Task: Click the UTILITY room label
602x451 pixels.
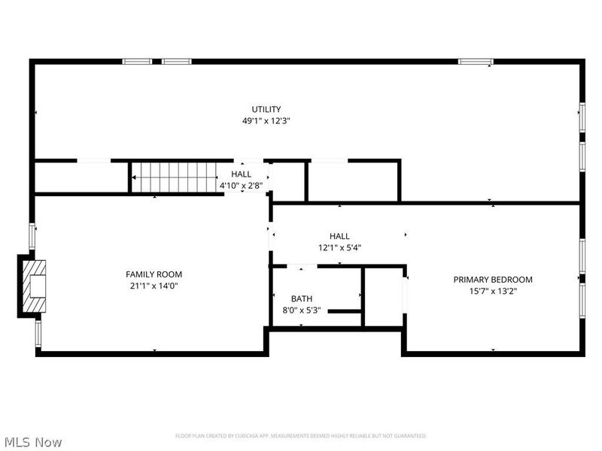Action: click(x=266, y=109)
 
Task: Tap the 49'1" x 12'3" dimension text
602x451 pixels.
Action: click(x=266, y=120)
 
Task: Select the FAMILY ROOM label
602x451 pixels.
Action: click(x=154, y=274)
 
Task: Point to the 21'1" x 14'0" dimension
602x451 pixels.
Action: click(x=154, y=286)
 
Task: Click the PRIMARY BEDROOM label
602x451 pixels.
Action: click(x=493, y=280)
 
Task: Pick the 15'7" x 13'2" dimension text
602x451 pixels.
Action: click(x=493, y=291)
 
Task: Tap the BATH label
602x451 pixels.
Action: click(x=301, y=298)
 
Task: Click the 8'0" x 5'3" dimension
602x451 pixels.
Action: click(x=301, y=310)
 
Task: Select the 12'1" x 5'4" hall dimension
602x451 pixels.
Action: click(x=339, y=247)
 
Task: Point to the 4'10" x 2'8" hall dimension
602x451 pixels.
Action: click(x=242, y=185)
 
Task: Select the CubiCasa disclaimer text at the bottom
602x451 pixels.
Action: click(x=301, y=436)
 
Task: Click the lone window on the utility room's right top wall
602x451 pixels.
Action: click(x=476, y=61)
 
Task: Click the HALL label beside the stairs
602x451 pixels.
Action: click(x=242, y=174)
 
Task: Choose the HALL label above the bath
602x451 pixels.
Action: click(x=339, y=236)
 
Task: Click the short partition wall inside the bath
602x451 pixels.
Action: click(x=345, y=310)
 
